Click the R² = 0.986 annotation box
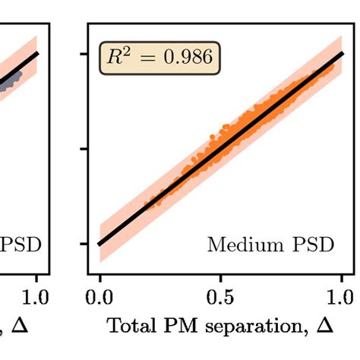[x=159, y=58]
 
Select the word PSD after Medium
[x=311, y=245]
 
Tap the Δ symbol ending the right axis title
[x=324, y=327]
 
